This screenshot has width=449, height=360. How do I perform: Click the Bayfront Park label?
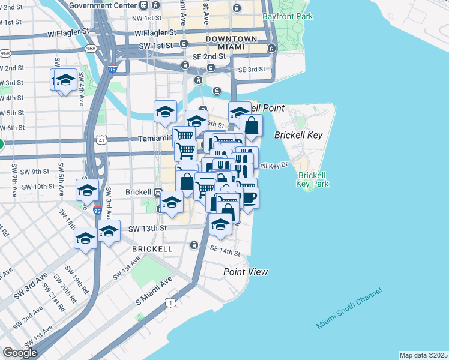tap(288, 17)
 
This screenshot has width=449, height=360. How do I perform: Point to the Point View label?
tap(246, 272)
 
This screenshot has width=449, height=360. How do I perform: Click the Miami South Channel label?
tap(349, 308)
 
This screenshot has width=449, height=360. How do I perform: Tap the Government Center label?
tap(103, 5)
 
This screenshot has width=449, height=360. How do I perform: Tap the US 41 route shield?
tap(103, 140)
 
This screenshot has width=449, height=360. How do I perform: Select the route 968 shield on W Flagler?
tap(91, 48)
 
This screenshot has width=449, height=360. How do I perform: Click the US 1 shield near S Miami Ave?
tap(172, 303)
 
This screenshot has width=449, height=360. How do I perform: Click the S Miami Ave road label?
tap(153, 290)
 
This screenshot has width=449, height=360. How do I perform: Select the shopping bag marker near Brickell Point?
tap(252, 126)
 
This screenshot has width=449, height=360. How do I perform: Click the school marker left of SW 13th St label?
tap(109, 231)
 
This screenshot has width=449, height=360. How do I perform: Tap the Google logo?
tap(20, 353)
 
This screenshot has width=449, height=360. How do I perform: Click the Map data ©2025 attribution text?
tap(424, 355)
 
